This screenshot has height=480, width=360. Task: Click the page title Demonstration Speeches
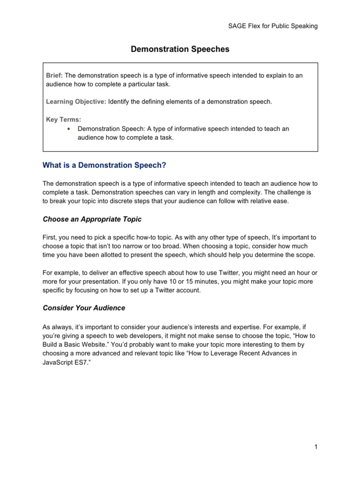180,49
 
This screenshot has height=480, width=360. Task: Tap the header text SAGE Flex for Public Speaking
270,26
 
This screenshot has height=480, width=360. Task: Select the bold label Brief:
54,75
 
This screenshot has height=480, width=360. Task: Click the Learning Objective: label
76,102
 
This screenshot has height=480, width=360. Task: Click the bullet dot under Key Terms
68,128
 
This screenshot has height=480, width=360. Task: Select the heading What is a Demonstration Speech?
105,165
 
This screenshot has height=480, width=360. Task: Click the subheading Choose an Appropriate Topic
92,219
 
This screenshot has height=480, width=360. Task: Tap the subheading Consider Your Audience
83,308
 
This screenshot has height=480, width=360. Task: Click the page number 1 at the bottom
316,447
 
